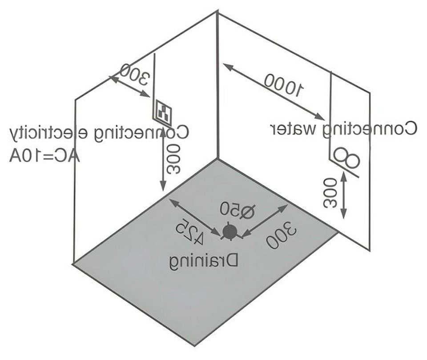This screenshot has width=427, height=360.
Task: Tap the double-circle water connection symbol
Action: tap(347, 158)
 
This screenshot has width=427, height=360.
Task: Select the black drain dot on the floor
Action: tap(230, 232)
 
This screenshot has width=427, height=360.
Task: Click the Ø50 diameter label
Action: tap(238, 210)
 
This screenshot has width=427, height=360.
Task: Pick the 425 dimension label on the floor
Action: tap(189, 230)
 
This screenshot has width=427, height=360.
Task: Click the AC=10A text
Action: tap(44, 157)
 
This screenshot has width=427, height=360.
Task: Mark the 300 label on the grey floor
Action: tap(282, 236)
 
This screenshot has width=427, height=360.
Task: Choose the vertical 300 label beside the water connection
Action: tap(330, 193)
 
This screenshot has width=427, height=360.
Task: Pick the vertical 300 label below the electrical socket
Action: tap(174, 160)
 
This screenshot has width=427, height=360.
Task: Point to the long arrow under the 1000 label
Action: tap(274, 92)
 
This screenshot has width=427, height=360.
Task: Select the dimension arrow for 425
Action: tap(195, 217)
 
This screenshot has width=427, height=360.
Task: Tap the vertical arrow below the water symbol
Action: tap(344, 196)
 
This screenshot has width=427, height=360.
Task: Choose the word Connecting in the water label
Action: tap(373, 129)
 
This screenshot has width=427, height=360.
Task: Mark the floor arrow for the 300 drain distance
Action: tap(265, 220)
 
